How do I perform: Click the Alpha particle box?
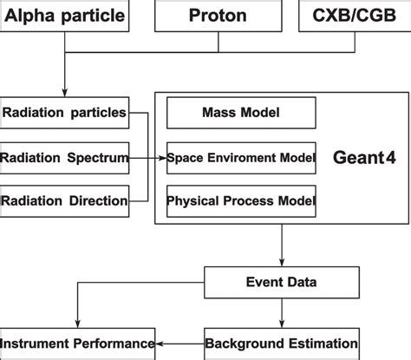65,16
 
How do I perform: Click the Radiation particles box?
65,113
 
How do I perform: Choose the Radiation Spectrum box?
65,158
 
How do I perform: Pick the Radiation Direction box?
65,202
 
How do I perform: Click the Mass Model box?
240,113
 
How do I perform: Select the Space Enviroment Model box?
240,158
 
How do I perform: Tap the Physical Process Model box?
240,202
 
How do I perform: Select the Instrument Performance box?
78,343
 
